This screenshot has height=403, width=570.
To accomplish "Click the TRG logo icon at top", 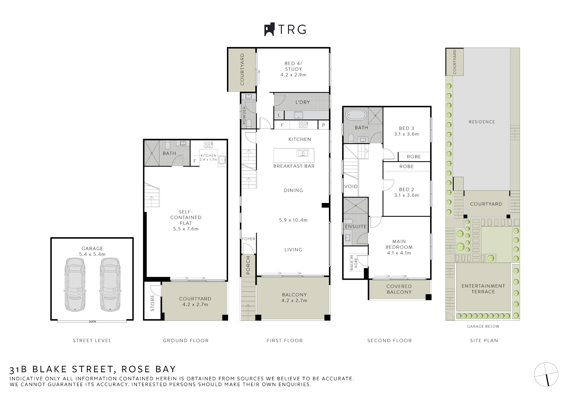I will tap(269, 29).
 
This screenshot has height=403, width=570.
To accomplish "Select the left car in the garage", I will tap(75, 285).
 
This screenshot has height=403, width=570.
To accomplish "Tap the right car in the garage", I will tap(110, 285).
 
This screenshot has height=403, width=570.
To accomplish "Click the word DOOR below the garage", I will tap(92, 322).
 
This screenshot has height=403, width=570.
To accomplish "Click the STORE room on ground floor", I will tap(153, 303).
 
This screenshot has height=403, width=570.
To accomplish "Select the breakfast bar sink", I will tap(303, 153).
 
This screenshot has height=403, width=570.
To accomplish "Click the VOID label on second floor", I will tap(351, 187).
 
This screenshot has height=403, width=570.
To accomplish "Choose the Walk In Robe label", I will tap(354, 263).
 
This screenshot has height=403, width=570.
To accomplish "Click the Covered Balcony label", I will tap(399, 289).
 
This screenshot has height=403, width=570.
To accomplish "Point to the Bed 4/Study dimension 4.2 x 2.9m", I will tap(293, 75).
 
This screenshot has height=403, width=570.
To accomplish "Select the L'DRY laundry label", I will tap(303, 102).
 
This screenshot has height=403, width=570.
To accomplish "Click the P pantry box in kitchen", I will tap(324, 125).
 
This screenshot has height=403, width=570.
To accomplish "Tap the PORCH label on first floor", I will tap(248, 265).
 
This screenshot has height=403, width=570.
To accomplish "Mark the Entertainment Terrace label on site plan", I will tap(483, 289).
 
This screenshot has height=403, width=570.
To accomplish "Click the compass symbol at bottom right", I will tap(546, 374).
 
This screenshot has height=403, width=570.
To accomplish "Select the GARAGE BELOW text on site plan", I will tap(483, 326).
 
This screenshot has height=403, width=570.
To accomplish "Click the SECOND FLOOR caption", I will tap(389, 340).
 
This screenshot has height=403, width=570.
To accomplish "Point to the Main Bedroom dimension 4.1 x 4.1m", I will tap(399, 253).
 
